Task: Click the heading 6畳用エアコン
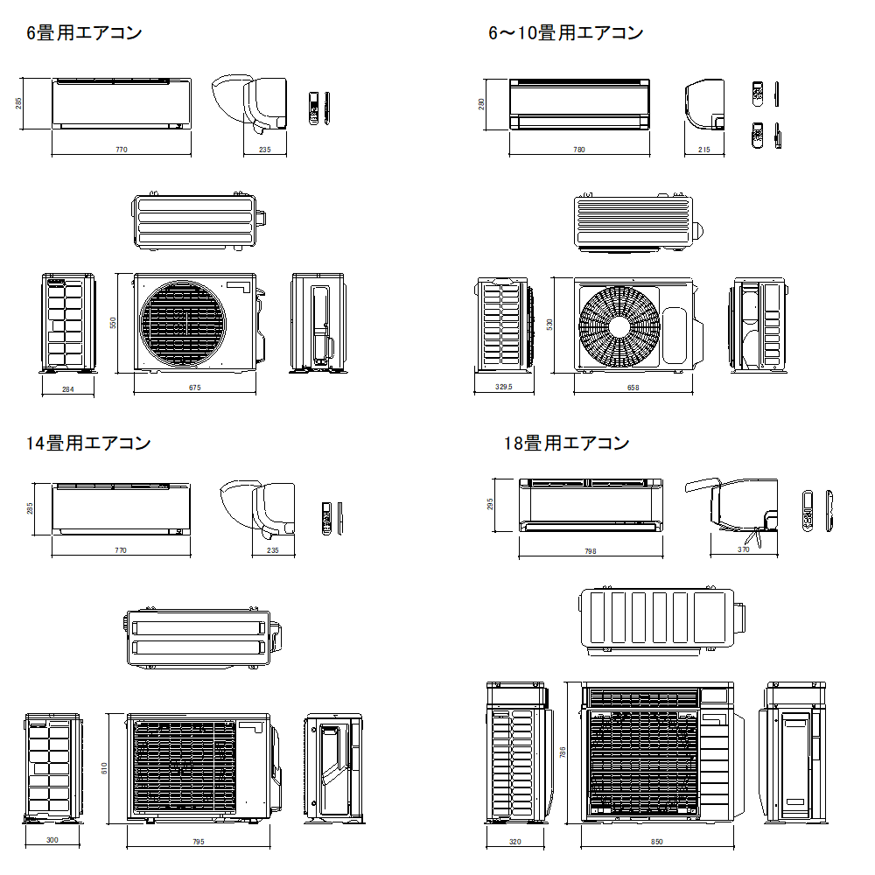(x=84, y=34)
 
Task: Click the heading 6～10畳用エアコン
(x=565, y=34)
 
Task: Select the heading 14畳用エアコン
(x=88, y=444)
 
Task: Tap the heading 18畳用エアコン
(x=566, y=444)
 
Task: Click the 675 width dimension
(x=195, y=389)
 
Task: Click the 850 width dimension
(x=657, y=842)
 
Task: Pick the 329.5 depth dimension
(x=503, y=386)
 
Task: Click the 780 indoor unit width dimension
(x=578, y=150)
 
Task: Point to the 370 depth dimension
(x=744, y=549)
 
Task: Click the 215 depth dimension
(x=704, y=150)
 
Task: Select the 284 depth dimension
(x=67, y=389)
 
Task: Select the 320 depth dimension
(x=514, y=842)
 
